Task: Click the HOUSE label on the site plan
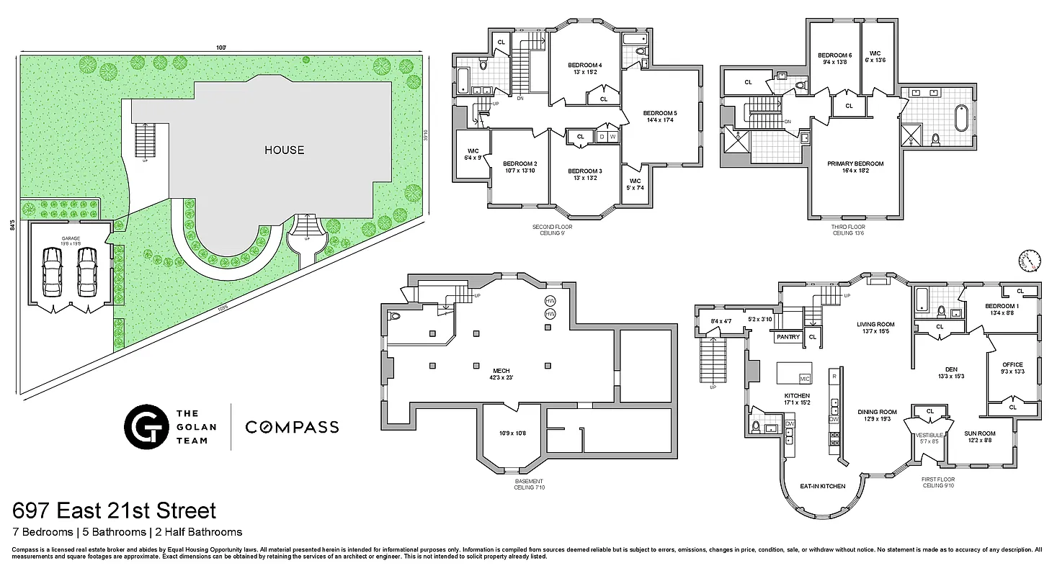[284, 150]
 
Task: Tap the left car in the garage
[52, 271]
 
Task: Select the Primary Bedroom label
[855, 163]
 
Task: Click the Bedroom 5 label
[660, 113]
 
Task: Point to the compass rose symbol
[1031, 260]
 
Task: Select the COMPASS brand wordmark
[292, 427]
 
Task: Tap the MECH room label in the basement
[501, 371]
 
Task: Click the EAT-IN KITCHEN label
[822, 487]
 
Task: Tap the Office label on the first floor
[1012, 364]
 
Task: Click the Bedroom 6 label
[834, 55]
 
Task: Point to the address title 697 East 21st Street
[115, 511]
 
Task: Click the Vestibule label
[929, 435]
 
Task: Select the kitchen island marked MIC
[794, 374]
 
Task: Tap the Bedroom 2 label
[519, 163]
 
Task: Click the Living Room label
[875, 324]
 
